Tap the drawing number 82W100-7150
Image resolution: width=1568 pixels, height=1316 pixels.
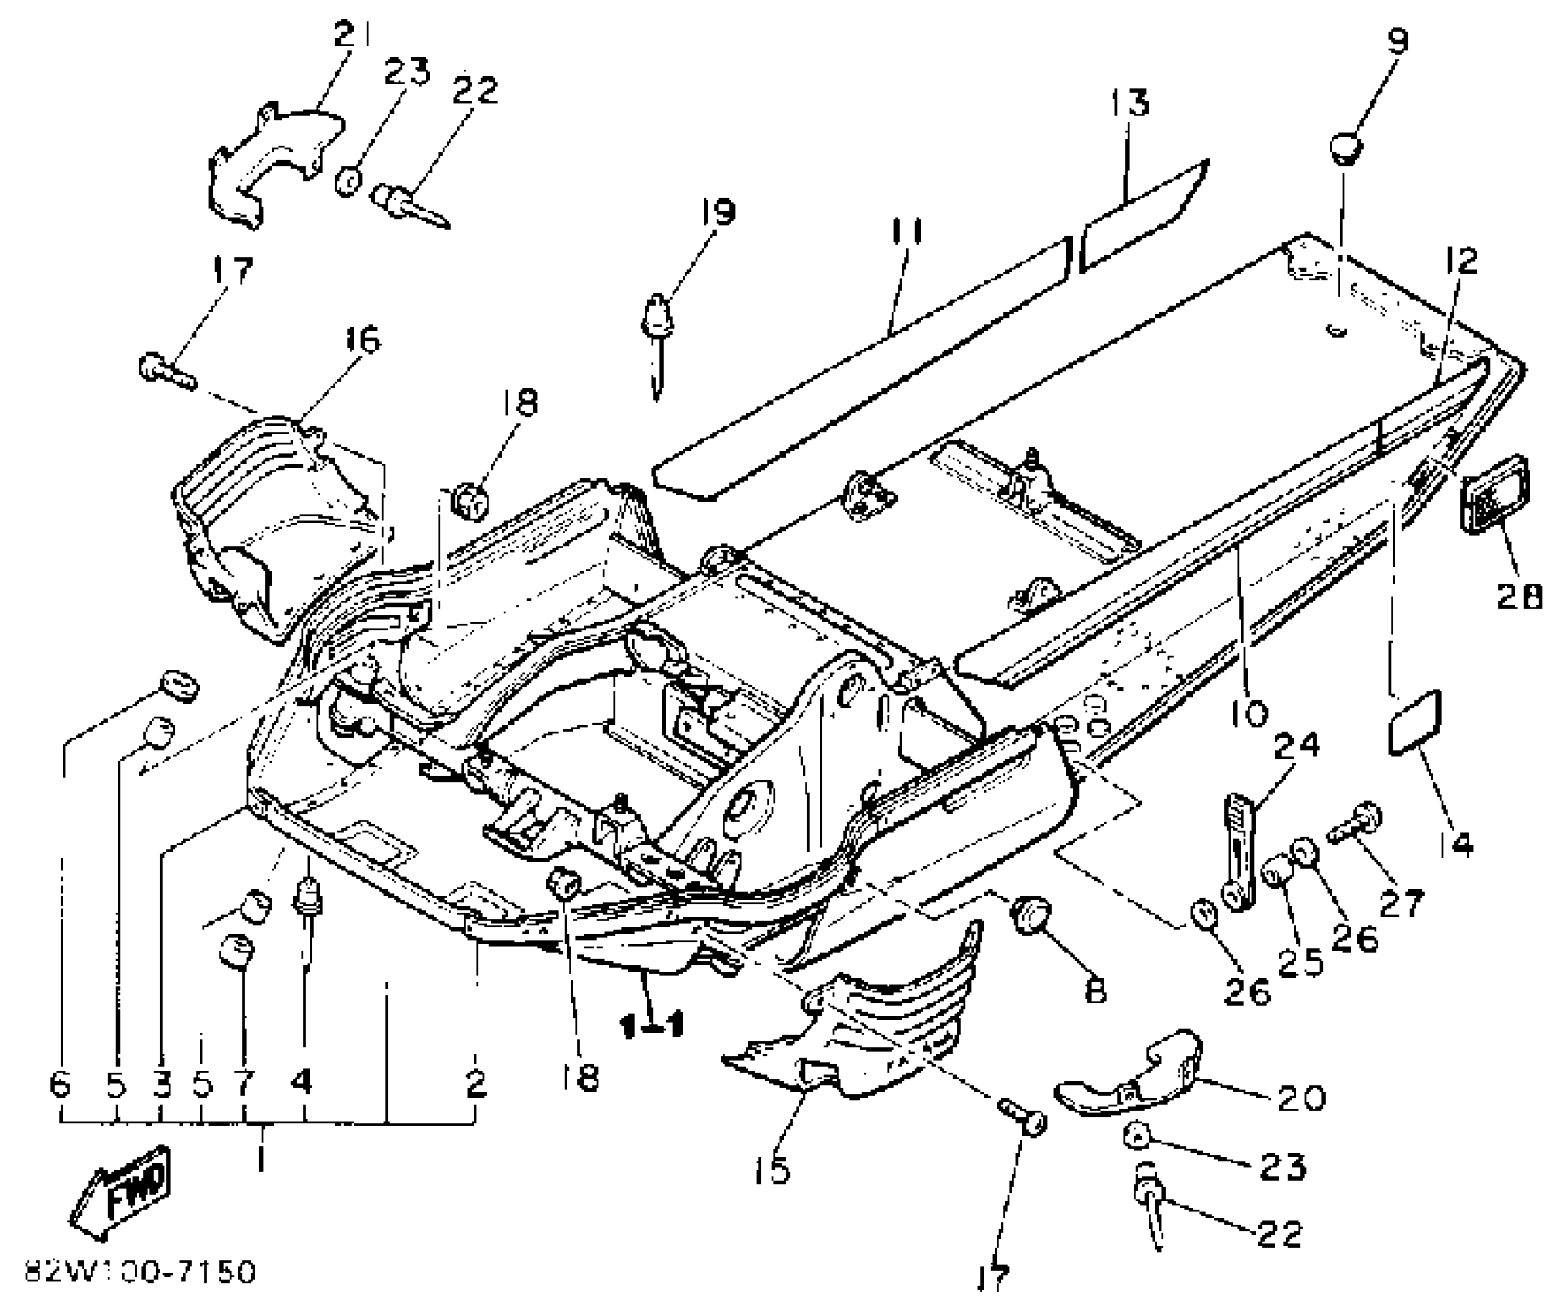click(x=139, y=1272)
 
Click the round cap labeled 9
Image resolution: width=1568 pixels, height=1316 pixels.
click(x=1347, y=147)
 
